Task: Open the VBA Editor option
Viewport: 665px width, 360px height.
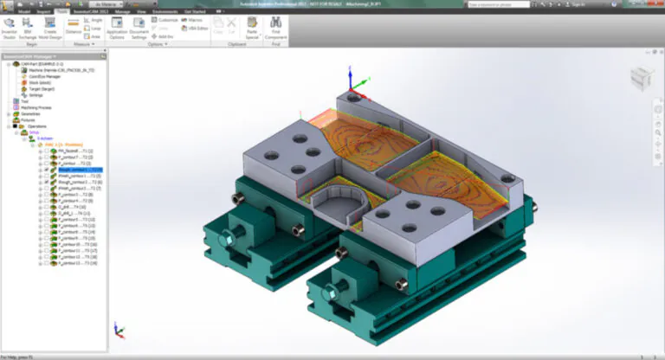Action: pyautogui.click(x=196, y=28)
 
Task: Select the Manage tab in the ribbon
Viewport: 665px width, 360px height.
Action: pyautogui.click(x=122, y=12)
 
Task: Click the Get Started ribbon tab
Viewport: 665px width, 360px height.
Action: pyautogui.click(x=195, y=12)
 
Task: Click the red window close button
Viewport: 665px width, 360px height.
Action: pyautogui.click(x=657, y=4)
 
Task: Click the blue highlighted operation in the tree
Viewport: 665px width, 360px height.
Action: pyautogui.click(x=80, y=170)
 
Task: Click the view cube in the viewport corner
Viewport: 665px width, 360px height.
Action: pyautogui.click(x=638, y=77)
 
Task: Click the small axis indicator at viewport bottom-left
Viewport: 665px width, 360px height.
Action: pyautogui.click(x=119, y=330)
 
